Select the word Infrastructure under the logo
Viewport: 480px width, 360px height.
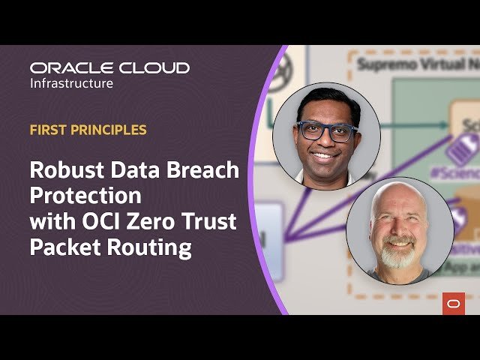point(71,82)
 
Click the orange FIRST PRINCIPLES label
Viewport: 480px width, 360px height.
point(88,130)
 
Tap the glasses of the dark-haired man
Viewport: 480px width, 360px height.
point(326,130)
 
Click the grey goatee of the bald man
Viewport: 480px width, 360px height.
point(398,256)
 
